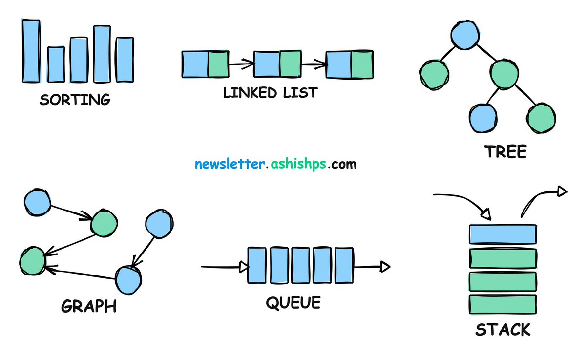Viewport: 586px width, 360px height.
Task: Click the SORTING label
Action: coord(75,100)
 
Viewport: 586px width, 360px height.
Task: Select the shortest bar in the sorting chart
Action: coord(55,64)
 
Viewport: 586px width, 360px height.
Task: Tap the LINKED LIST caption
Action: coord(270,92)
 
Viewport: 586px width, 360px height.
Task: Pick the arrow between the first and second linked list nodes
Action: coord(241,64)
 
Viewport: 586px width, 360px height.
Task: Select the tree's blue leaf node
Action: coord(483,117)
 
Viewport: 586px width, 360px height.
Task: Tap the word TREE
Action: coord(505,152)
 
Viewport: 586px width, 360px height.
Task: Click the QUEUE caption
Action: coord(293,303)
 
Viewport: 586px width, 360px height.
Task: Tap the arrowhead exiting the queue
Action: coord(385,267)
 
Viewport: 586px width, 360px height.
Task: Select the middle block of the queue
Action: coord(300,265)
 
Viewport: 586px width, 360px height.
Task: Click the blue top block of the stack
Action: coord(502,233)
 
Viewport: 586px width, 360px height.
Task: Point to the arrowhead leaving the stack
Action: coord(562,191)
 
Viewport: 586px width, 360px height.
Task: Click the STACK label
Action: coord(502,330)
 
